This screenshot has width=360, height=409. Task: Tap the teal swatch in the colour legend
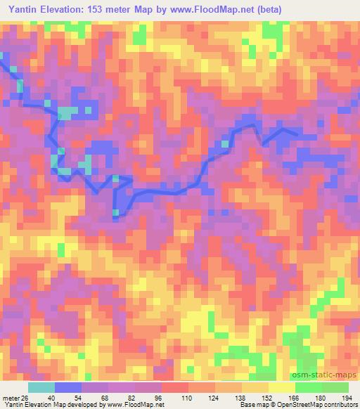(x=41, y=387)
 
